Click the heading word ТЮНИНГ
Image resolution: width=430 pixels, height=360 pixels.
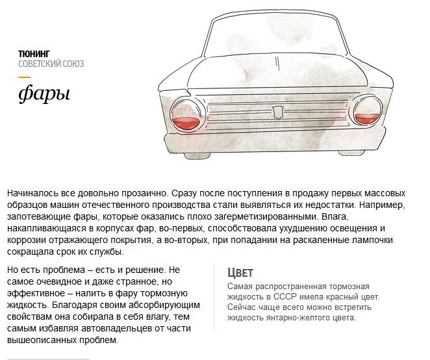pyautogui.click(x=34, y=53)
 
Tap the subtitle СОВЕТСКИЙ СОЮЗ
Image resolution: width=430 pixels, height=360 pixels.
pyautogui.click(x=51, y=64)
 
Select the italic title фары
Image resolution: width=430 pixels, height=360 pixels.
pyautogui.click(x=44, y=94)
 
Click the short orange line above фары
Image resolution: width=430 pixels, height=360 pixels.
pyautogui.click(x=24, y=77)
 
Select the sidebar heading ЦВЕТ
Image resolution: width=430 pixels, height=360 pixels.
pyautogui.click(x=240, y=273)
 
